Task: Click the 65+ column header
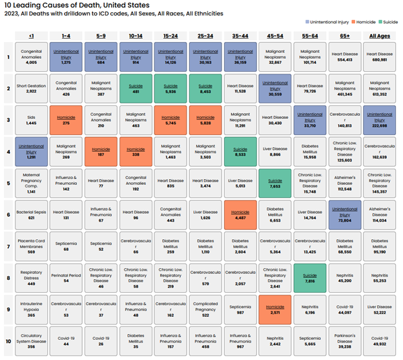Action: pyautogui.click(x=345, y=36)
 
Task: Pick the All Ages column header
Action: pyautogui.click(x=380, y=36)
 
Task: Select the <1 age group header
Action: pyautogui.click(x=32, y=36)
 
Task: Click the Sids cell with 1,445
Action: pyautogui.click(x=32, y=119)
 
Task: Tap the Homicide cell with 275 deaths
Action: pyautogui.click(x=66, y=119)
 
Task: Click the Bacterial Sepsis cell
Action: pyautogui.click(x=32, y=214)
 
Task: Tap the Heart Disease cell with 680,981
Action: pyautogui.click(x=380, y=56)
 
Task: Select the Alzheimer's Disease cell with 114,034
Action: pyautogui.click(x=380, y=214)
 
